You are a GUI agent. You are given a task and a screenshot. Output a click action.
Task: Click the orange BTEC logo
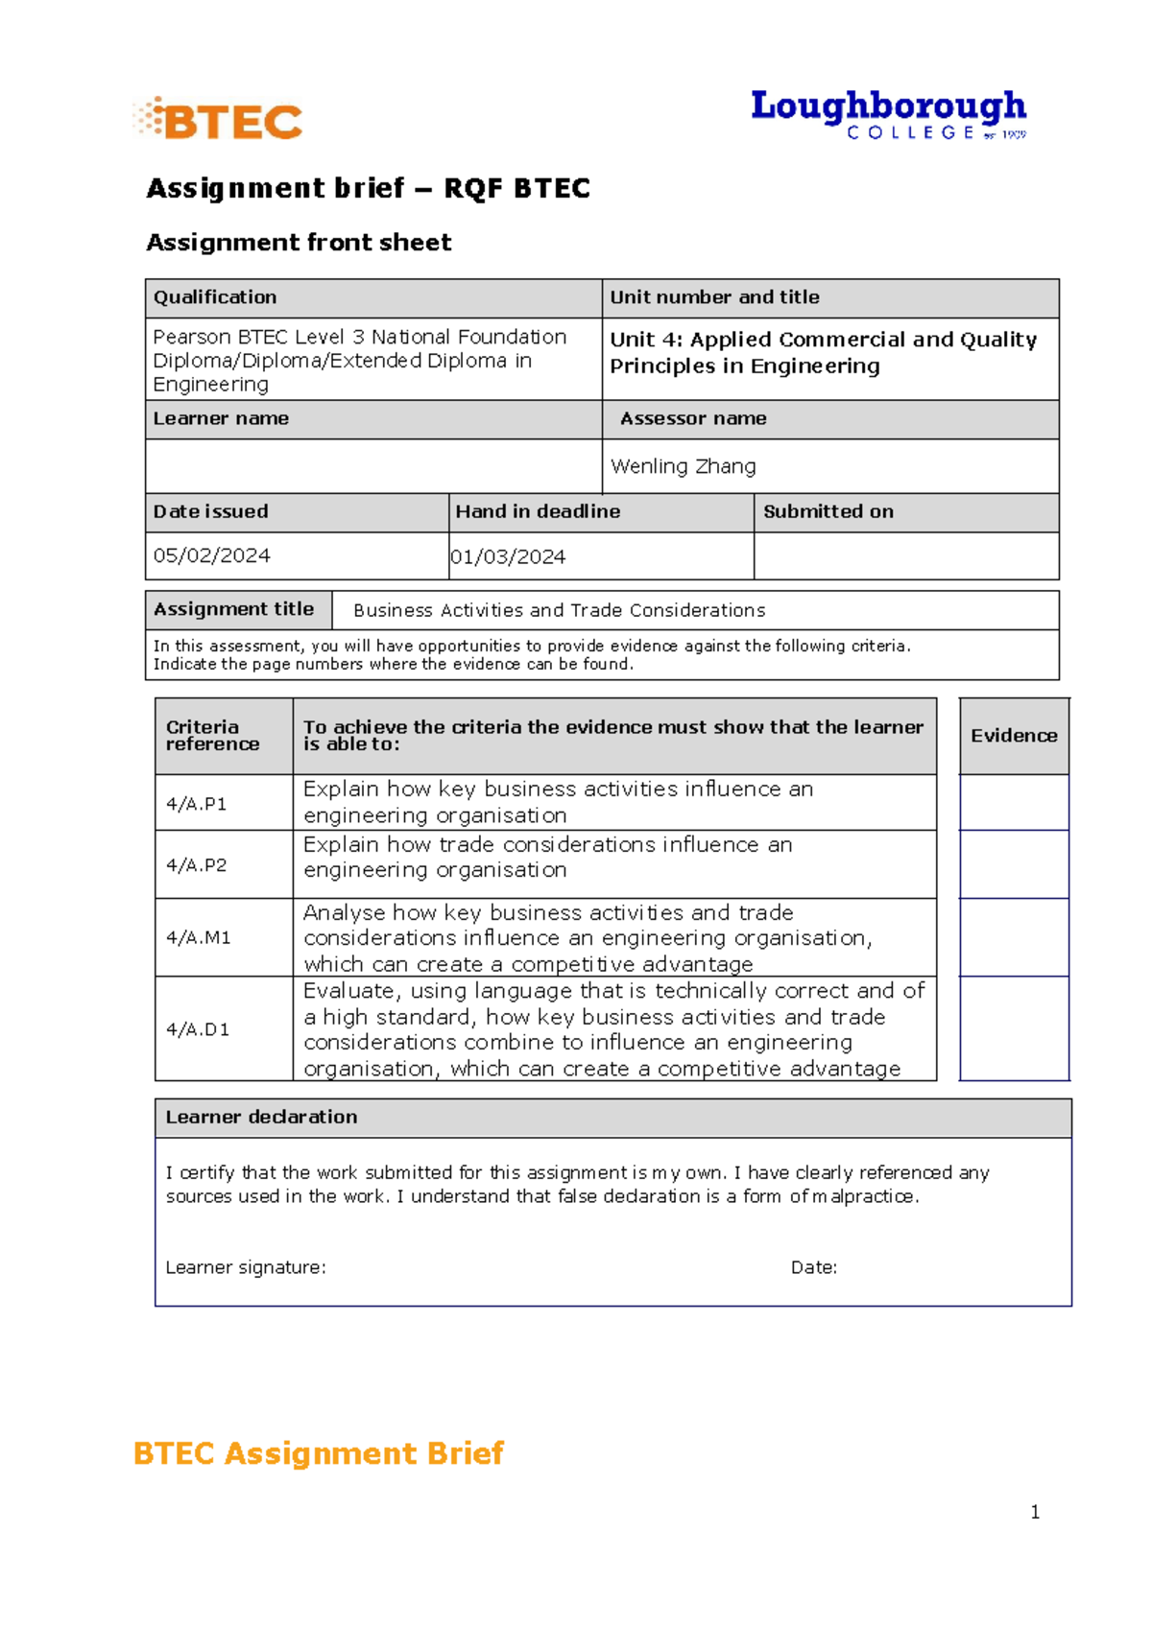coord(219,120)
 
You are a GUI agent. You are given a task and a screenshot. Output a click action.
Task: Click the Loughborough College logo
coord(888,114)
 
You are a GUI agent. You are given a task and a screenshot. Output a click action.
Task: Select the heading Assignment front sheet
coord(299,243)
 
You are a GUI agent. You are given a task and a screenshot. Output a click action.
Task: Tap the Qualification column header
coord(215,297)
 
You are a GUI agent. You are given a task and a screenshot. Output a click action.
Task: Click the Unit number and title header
coord(714,297)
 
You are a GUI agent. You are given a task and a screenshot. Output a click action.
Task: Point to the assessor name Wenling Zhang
coord(683,466)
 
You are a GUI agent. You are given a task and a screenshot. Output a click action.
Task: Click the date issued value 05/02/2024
coord(212,555)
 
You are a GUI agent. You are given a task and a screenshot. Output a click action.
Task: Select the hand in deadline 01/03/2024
coord(508,556)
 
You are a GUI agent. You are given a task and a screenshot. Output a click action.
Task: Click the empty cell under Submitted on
coord(905,555)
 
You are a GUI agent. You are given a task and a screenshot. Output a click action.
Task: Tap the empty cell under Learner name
coord(372,466)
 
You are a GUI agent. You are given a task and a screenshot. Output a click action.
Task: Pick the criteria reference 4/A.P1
coord(197,804)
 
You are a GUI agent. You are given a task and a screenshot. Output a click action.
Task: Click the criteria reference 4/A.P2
coord(197,865)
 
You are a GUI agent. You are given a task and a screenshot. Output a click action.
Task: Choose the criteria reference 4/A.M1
coord(199,937)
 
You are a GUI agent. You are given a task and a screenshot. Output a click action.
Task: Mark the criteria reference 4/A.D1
coord(198,1029)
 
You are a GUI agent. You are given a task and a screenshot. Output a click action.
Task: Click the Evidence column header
coord(1014,736)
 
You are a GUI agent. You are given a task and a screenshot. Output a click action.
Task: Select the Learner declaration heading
coord(261,1117)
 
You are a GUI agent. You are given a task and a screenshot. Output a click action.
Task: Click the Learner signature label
coord(246,1267)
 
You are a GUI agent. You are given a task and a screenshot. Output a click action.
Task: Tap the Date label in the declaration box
coord(813,1267)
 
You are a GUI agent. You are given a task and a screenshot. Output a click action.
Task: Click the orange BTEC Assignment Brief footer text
coord(318,1453)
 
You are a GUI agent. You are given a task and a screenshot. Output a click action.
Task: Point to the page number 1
coord(1035,1512)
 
